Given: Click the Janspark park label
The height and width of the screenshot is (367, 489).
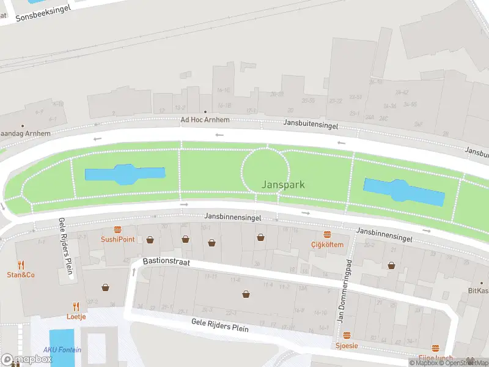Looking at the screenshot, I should tap(283, 184).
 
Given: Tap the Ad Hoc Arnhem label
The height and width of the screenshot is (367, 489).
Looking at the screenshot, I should tap(205, 120).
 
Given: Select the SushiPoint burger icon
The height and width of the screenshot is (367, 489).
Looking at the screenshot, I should tap(118, 229).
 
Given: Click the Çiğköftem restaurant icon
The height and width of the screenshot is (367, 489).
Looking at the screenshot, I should tap(327, 234).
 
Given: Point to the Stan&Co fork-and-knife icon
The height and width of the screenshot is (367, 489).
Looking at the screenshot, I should tap(21, 264).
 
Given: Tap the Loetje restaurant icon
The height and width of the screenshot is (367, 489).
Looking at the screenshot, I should tap(76, 306).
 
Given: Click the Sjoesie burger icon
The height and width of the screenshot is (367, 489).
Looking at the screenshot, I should tap(347, 335).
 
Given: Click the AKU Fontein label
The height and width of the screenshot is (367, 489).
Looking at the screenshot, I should tap(62, 350).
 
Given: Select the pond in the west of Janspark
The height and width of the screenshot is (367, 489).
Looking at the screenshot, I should tap(125, 174).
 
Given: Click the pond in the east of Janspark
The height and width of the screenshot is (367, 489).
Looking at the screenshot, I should tap(404, 192).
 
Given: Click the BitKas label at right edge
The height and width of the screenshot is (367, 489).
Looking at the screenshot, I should tap(478, 291).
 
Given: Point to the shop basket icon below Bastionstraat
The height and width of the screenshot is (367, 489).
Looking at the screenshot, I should tap(246, 294).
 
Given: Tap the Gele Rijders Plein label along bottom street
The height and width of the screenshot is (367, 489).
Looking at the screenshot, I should tap(220, 325).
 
